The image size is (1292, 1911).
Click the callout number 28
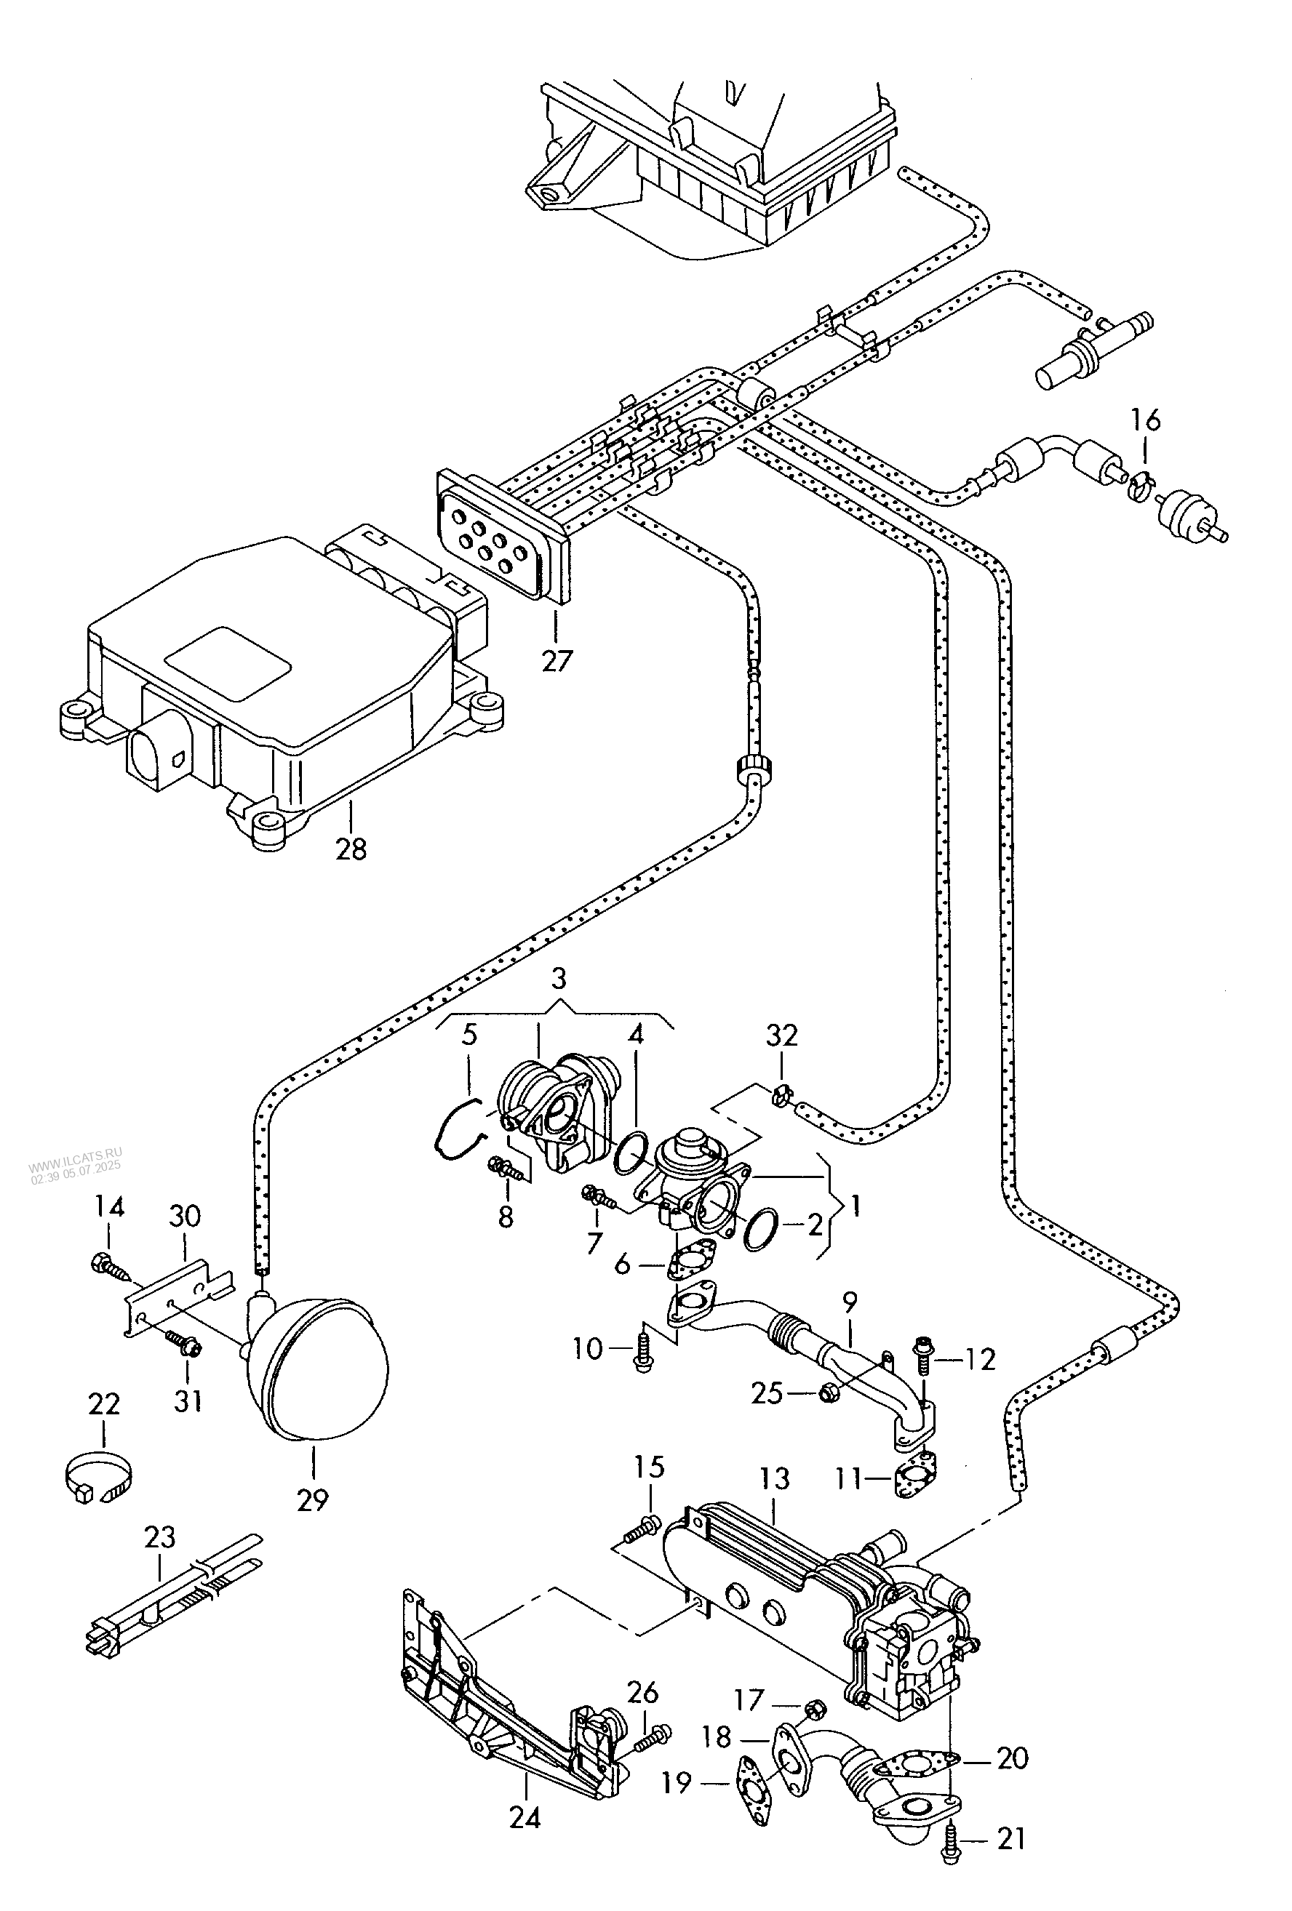pyautogui.click(x=351, y=849)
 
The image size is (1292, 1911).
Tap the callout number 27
pyautogui.click(x=556, y=660)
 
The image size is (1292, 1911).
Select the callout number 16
pyautogui.click(x=1145, y=420)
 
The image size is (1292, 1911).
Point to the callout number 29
pyautogui.click(x=313, y=1500)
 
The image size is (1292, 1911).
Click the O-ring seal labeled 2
pyautogui.click(x=762, y=1231)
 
